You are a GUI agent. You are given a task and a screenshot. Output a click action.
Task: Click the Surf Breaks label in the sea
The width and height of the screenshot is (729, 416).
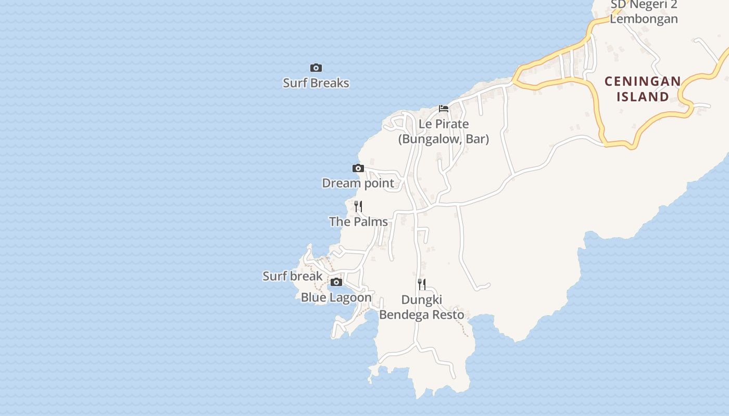tap(316, 83)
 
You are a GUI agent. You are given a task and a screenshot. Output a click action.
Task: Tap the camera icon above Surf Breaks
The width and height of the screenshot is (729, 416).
tap(316, 68)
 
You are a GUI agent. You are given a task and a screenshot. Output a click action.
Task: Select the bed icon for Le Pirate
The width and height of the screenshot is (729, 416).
tap(444, 109)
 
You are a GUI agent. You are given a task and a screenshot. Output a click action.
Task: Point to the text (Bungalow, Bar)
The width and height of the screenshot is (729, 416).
tap(444, 139)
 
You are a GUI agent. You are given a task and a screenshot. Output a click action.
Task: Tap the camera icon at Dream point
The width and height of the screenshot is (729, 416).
tap(358, 168)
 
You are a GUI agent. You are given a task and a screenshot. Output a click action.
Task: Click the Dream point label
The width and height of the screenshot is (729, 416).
tap(358, 183)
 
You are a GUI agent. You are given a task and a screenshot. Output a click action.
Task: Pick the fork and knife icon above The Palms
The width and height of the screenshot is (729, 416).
tap(358, 206)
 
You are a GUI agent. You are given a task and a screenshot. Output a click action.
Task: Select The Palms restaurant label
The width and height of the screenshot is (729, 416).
tap(358, 222)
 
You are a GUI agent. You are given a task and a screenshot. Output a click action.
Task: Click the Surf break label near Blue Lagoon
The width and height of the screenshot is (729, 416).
tap(293, 276)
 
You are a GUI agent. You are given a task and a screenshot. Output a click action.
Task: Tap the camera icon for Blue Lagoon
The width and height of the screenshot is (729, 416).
tap(336, 282)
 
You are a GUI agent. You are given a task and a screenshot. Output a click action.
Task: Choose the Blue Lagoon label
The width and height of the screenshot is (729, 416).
tap(336, 297)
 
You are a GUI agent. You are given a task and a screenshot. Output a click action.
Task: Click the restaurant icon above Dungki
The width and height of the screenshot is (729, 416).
tap(422, 284)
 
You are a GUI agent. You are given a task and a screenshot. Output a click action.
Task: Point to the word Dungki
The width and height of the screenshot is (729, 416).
tap(422, 300)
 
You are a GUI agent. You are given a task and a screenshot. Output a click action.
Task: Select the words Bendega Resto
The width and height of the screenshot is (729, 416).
tap(422, 315)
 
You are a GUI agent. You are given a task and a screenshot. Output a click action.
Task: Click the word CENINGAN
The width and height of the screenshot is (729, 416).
tap(643, 82)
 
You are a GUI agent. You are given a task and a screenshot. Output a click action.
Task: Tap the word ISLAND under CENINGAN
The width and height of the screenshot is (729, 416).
tap(643, 97)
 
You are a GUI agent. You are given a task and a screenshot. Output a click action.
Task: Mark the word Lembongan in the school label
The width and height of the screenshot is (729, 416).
tap(644, 19)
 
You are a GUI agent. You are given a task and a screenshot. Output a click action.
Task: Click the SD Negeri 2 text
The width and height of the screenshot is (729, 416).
tap(644, 5)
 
